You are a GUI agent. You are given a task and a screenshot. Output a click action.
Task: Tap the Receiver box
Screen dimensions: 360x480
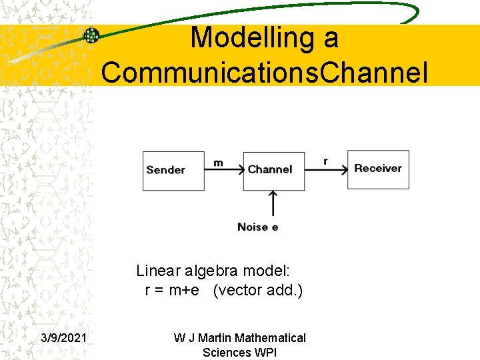pyautogui.click(x=378, y=169)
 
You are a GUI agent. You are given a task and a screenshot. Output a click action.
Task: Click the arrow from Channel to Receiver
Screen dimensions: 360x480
pyautogui.click(x=326, y=169)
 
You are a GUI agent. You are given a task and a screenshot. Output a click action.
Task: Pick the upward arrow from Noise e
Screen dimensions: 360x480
pyautogui.click(x=272, y=204)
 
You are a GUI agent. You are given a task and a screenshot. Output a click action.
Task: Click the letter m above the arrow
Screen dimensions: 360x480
pyautogui.click(x=218, y=162)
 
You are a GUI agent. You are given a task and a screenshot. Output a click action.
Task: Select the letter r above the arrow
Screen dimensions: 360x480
pyautogui.click(x=325, y=161)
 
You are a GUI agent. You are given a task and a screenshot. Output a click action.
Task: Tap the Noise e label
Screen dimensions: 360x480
pyautogui.click(x=258, y=227)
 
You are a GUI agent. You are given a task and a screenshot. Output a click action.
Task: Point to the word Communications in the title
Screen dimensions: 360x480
pyautogui.click(x=211, y=73)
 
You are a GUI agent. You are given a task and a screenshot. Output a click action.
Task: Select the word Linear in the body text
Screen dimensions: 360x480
pyautogui.click(x=159, y=271)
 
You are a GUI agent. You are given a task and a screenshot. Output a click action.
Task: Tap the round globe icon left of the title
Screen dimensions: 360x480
pyautogui.click(x=91, y=35)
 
